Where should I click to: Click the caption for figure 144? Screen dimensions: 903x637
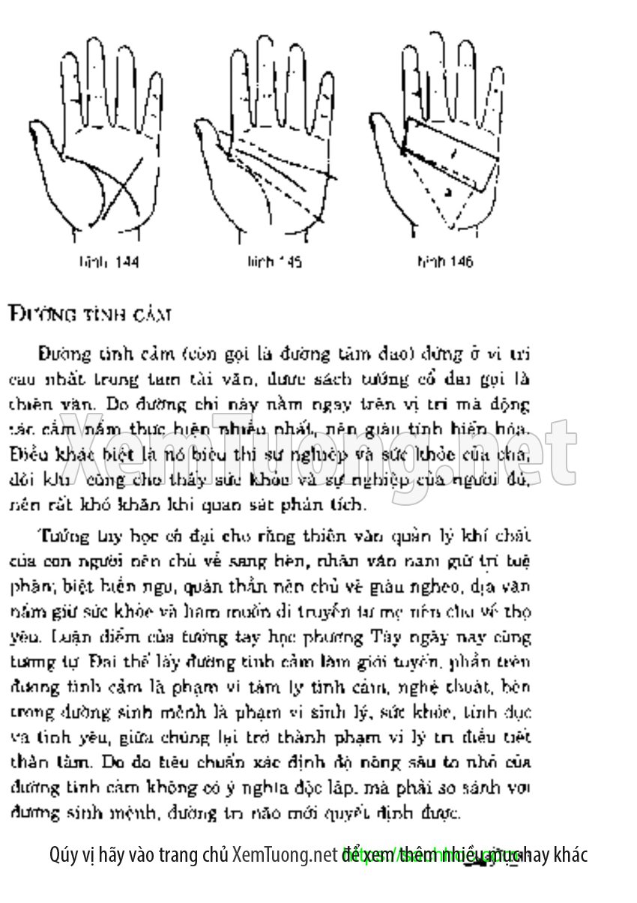pos(109,262)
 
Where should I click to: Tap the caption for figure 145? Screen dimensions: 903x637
pos(274,262)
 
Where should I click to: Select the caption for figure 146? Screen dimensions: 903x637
pos(445,262)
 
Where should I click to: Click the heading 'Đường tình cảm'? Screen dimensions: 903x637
pos(91,313)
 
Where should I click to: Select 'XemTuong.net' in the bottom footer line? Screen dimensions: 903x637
pos(286,854)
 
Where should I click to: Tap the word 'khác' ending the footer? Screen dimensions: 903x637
pos(569,854)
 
